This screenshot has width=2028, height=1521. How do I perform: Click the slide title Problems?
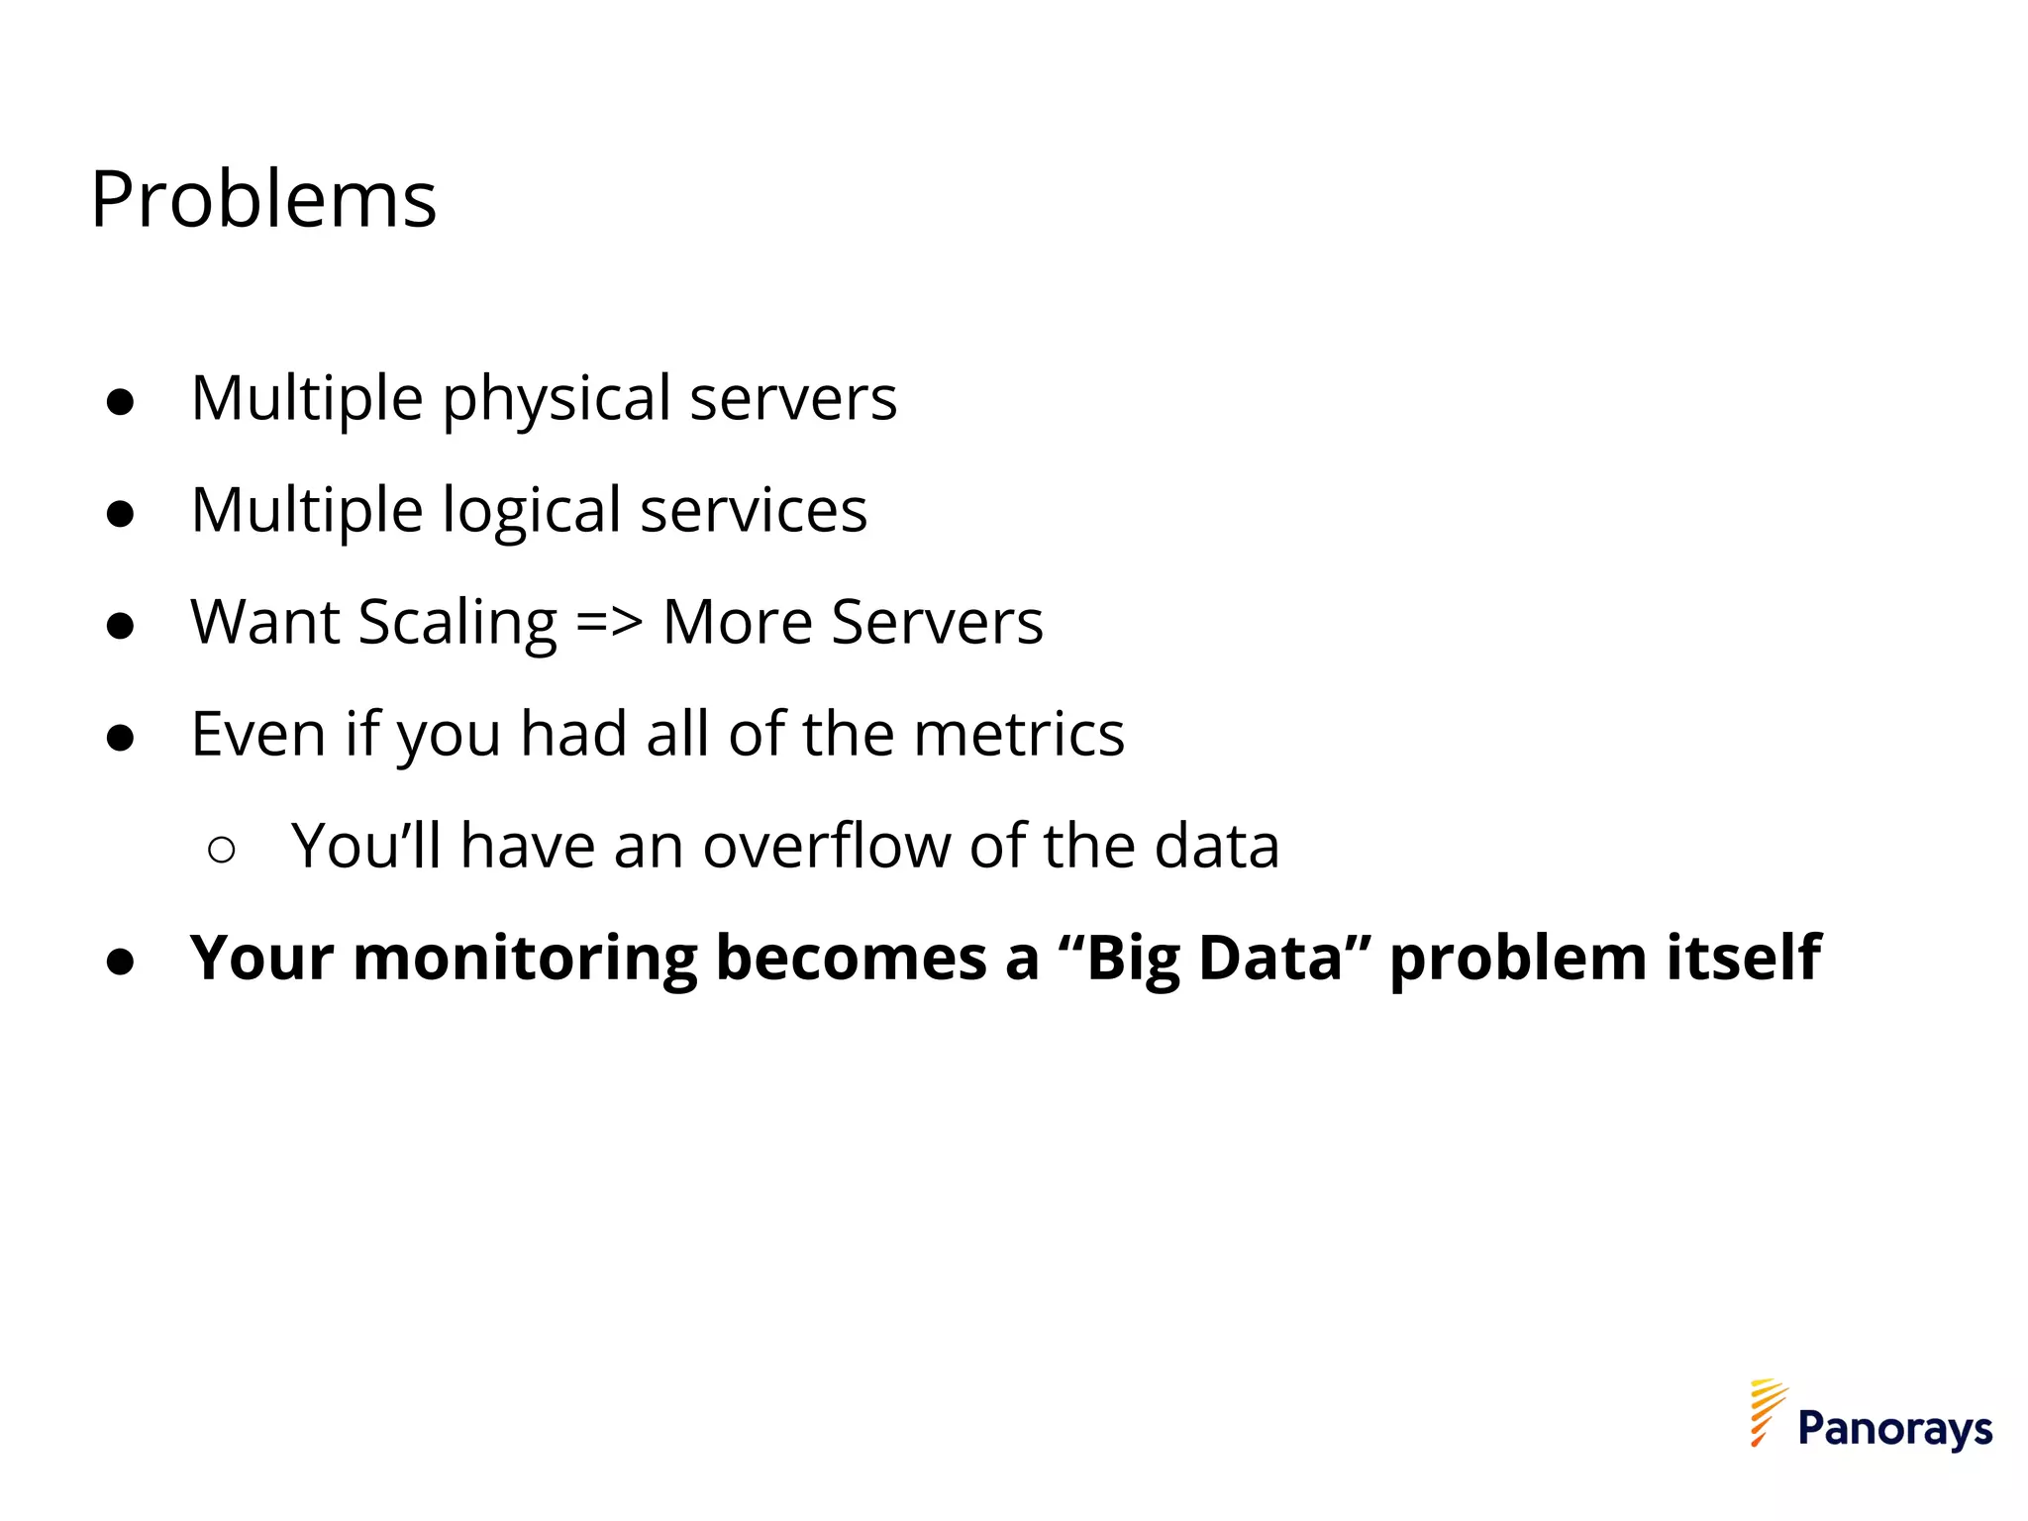pos(263,200)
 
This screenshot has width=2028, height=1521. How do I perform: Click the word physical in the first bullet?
pos(556,400)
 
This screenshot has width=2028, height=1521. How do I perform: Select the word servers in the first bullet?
pos(793,400)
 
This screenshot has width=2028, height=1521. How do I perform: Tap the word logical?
pos(531,512)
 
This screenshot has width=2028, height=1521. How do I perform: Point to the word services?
pos(754,512)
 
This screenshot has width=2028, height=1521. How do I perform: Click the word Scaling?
pos(458,624)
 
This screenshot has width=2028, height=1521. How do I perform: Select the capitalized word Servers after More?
pos(937,624)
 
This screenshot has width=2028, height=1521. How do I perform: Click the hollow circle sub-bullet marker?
pos(222,850)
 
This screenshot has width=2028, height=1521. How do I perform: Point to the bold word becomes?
pos(852,959)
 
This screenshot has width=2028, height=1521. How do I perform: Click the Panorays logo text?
pos(1894,1429)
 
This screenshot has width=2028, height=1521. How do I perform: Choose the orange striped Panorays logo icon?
pos(1767,1412)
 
